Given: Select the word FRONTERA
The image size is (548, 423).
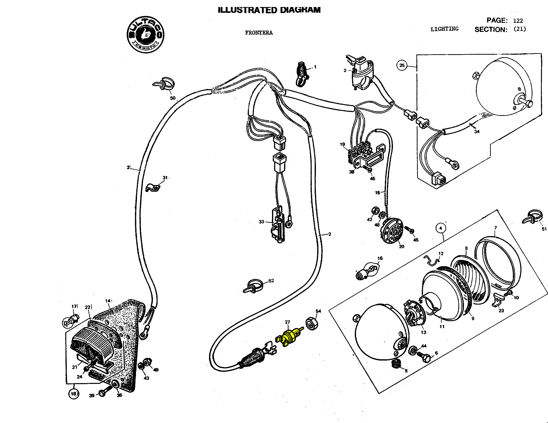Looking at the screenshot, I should tap(259, 33).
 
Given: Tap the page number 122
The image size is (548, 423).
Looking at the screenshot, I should tap(518, 21).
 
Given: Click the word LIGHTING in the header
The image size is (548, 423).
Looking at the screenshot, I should tap(444, 29).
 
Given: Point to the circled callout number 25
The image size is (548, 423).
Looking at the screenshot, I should tap(402, 65).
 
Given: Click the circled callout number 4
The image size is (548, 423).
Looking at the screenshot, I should tap(441, 228).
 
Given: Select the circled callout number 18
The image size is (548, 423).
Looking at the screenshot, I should tap(74, 394).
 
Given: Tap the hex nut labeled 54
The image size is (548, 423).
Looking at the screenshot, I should tap(312, 324).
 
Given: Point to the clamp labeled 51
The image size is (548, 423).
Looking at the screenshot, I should tap(531, 217).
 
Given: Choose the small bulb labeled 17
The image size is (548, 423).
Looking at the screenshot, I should tap(70, 322).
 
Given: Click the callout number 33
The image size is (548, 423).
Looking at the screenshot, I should tap(261, 222).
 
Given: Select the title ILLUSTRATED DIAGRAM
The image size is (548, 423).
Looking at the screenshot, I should tap(269, 10).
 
